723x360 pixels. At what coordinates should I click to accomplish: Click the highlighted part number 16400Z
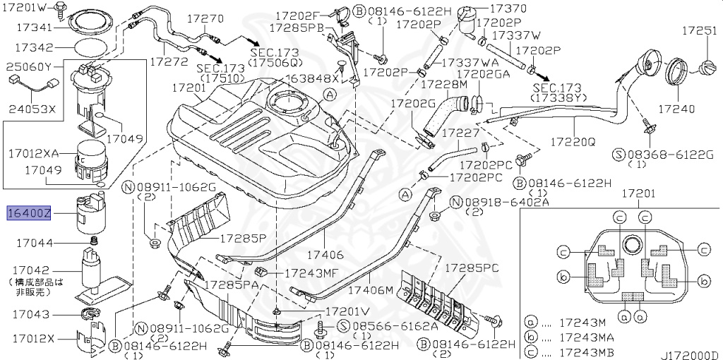(29, 212)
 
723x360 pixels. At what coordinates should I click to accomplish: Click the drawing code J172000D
(690, 355)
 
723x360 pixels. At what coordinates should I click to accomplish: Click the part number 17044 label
(34, 243)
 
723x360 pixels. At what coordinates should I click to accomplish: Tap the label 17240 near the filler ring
(676, 109)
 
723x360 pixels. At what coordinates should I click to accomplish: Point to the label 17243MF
(311, 272)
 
